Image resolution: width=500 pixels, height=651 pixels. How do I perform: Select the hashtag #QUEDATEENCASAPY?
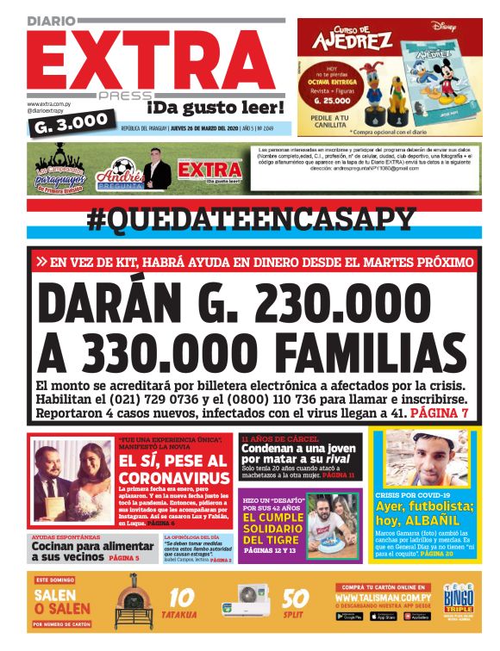[x=251, y=220]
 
